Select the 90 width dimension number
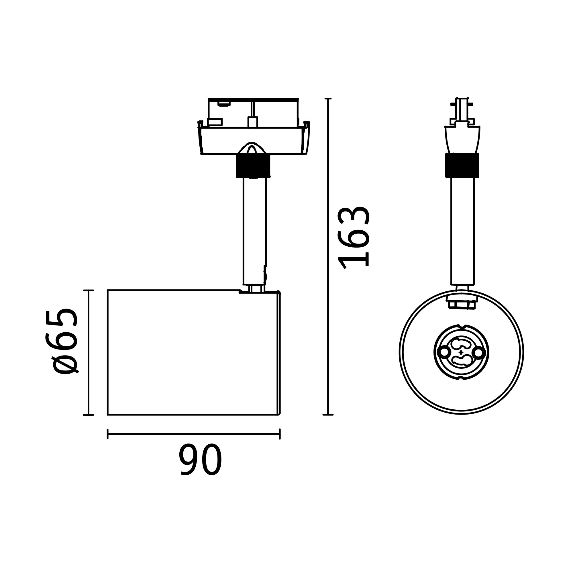tap(200, 460)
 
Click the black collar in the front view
tap(462, 165)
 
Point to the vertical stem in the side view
tap(254, 231)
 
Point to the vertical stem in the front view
tap(462, 231)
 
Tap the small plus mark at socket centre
tap(461, 352)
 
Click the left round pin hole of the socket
tap(444, 352)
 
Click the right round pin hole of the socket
tap(478, 353)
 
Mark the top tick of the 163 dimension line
tap(328, 99)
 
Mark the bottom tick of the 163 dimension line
tap(328, 415)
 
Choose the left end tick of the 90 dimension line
tap(108, 434)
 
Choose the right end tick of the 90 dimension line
tap(280, 434)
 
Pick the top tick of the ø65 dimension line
tap(88, 290)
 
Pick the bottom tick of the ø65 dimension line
tap(88, 415)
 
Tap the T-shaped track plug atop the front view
tap(462, 111)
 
